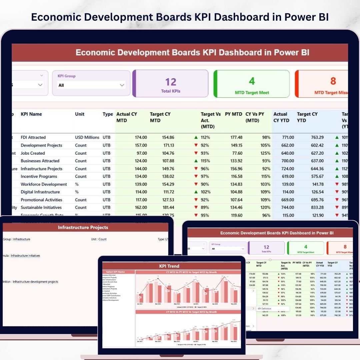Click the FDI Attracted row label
click(x=33, y=137)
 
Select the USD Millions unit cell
click(x=87, y=137)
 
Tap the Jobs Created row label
click(x=33, y=153)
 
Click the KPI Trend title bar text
click(x=169, y=266)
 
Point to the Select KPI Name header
click(x=115, y=272)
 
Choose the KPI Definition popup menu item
click(x=264, y=309)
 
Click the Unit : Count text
click(x=99, y=239)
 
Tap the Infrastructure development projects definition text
click(x=35, y=282)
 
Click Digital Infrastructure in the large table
click(x=40, y=192)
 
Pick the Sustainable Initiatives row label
click(x=41, y=207)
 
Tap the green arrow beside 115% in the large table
click(x=196, y=161)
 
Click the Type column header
click(x=108, y=114)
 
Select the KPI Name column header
click(x=31, y=114)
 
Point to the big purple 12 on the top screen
click(x=171, y=82)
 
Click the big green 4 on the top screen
click(x=252, y=81)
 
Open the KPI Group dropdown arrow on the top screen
click(x=122, y=85)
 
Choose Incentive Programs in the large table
click(x=39, y=176)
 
